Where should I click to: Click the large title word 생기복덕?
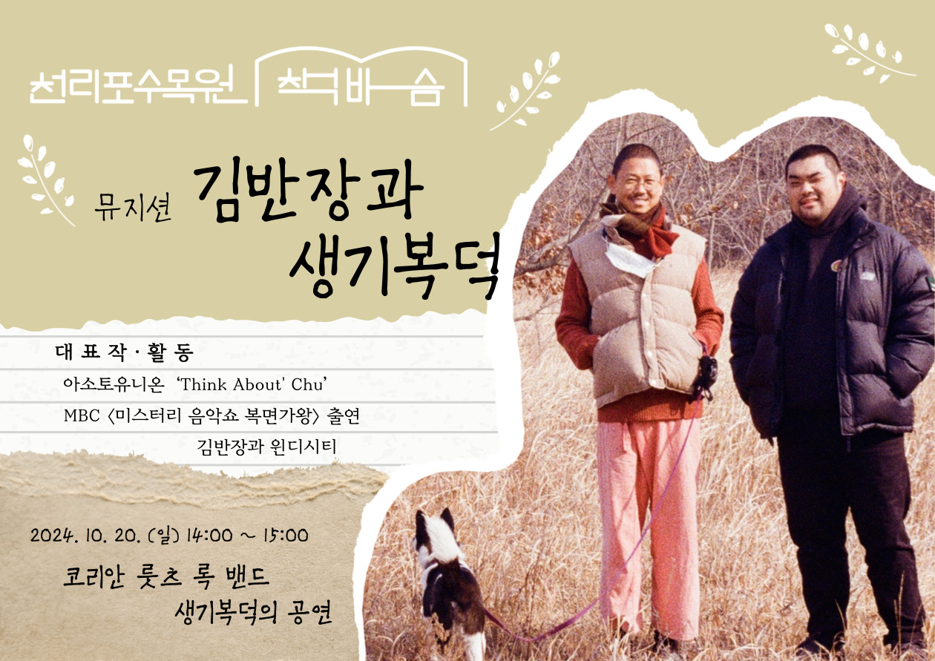click(395, 266)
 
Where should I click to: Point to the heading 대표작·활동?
click(125, 352)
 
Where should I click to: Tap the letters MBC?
click(82, 415)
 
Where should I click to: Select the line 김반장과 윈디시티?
click(266, 447)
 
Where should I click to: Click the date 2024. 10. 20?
click(85, 536)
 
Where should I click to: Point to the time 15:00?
click(286, 536)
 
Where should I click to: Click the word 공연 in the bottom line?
click(309, 613)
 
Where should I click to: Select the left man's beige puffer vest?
click(640, 313)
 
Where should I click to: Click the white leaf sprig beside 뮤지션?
click(45, 180)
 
